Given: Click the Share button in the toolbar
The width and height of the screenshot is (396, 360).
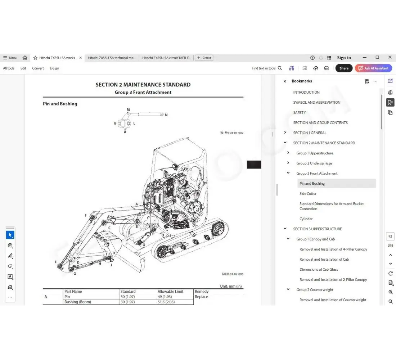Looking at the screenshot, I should pyautogui.click(x=344, y=68).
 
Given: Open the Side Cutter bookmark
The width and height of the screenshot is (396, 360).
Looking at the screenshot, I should pyautogui.click(x=308, y=194).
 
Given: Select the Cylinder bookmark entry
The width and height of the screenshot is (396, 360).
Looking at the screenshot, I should pyautogui.click(x=306, y=219).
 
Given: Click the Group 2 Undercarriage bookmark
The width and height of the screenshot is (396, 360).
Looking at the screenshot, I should pyautogui.click(x=314, y=163).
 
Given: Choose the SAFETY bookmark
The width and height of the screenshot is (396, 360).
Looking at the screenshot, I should pyautogui.click(x=300, y=113).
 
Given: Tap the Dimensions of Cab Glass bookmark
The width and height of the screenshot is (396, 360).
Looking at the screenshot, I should pyautogui.click(x=319, y=270).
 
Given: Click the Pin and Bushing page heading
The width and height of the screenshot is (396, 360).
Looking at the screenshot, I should pyautogui.click(x=60, y=104).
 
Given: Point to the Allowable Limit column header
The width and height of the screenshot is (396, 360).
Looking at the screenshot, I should pyautogui.click(x=170, y=292).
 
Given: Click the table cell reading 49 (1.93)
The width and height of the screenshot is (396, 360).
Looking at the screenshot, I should pyautogui.click(x=165, y=297).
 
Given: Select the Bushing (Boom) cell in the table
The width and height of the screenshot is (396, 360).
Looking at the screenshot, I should pyautogui.click(x=77, y=302).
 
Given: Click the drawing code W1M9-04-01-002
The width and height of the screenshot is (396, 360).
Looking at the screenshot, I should pyautogui.click(x=231, y=133).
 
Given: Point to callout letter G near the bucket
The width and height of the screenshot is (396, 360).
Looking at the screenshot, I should pyautogui.click(x=75, y=274).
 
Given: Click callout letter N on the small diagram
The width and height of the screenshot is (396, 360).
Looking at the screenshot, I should pyautogui.click(x=166, y=115).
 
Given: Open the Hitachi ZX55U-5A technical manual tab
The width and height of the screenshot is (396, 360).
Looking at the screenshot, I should pyautogui.click(x=112, y=58).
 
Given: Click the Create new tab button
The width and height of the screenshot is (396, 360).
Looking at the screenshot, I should pyautogui.click(x=204, y=58).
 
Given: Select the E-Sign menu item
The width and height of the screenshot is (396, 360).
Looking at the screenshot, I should pyautogui.click(x=54, y=68).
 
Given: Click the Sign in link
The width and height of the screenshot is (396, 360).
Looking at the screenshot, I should pyautogui.click(x=344, y=58).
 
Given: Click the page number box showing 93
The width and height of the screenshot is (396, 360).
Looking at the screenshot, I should pyautogui.click(x=390, y=237).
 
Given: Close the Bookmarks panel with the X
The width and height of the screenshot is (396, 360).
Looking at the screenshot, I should pyautogui.click(x=285, y=81).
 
